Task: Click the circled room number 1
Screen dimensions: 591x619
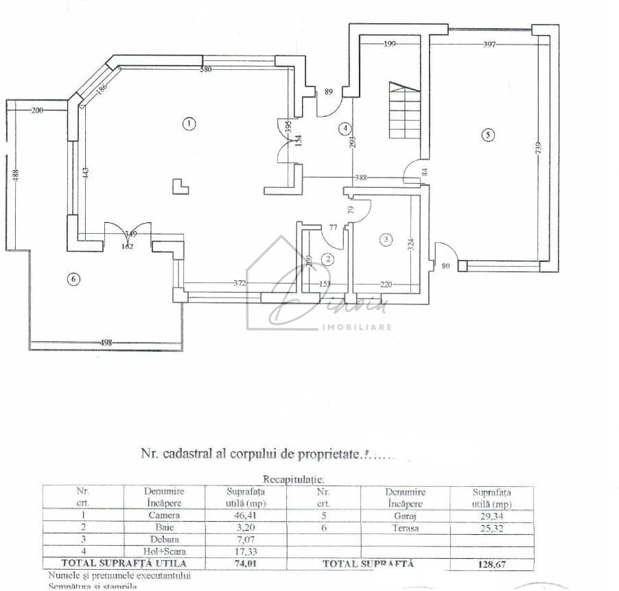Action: [x=187, y=123]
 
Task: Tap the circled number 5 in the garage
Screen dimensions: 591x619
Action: [x=487, y=135]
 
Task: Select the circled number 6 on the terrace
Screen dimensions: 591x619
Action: [x=73, y=278]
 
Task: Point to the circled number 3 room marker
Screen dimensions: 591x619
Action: [x=386, y=239]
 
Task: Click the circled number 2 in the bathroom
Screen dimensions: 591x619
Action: [x=329, y=258]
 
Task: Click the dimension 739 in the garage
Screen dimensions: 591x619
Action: [x=539, y=147]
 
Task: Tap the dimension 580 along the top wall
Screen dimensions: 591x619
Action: [x=206, y=69]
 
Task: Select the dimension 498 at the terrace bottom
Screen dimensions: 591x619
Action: [x=106, y=343]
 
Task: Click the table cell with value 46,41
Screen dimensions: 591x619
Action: [x=246, y=515]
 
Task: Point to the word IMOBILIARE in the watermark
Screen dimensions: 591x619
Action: [x=357, y=327]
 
